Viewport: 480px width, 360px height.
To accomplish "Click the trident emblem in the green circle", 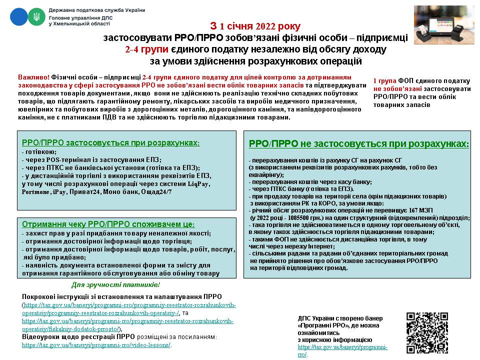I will (x=35, y=17).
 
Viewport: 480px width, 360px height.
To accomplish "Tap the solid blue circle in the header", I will (x=19, y=17).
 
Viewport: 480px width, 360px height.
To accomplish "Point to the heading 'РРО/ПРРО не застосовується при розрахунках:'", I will (x=359, y=144).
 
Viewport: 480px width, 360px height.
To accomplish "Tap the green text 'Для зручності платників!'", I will (x=115, y=285).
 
